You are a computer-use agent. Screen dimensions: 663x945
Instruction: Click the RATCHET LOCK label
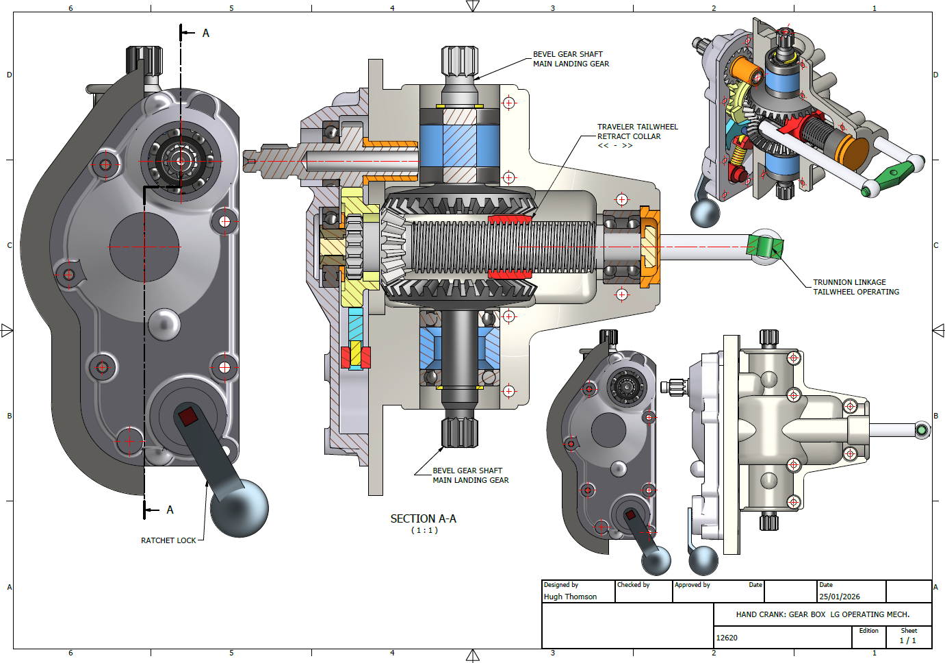(x=168, y=540)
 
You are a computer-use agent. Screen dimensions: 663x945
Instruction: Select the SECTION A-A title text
(x=423, y=519)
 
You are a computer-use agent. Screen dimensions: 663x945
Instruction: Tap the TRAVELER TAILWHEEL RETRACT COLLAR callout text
(x=637, y=132)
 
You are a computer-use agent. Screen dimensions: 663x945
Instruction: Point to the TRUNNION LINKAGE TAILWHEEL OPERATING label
(x=855, y=287)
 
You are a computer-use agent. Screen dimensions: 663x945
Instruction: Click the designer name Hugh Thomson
(x=570, y=597)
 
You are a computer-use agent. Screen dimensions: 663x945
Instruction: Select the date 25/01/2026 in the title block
(x=840, y=597)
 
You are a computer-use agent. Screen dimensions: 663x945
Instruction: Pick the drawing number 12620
(x=727, y=638)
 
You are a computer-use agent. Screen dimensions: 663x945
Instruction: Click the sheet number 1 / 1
(x=907, y=640)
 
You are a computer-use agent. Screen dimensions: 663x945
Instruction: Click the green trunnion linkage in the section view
(x=764, y=247)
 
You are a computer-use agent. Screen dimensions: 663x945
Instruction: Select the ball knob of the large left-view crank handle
(x=240, y=508)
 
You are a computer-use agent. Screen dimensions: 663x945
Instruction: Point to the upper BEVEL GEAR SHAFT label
(x=571, y=59)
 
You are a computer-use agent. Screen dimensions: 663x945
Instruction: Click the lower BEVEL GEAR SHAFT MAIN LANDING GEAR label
(x=470, y=475)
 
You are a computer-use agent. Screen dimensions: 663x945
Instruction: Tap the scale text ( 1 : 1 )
(x=424, y=530)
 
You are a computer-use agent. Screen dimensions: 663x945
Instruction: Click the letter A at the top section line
(x=205, y=33)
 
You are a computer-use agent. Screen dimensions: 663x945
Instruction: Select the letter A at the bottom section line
(x=170, y=510)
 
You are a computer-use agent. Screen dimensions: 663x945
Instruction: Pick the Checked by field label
(x=633, y=585)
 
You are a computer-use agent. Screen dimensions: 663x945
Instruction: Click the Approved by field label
(x=692, y=585)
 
